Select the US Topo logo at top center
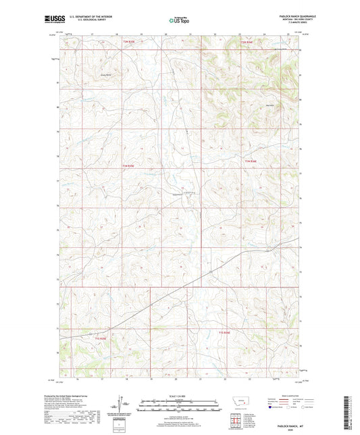(x=179, y=21)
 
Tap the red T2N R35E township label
(x=129, y=43)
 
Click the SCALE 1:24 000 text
(x=179, y=396)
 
